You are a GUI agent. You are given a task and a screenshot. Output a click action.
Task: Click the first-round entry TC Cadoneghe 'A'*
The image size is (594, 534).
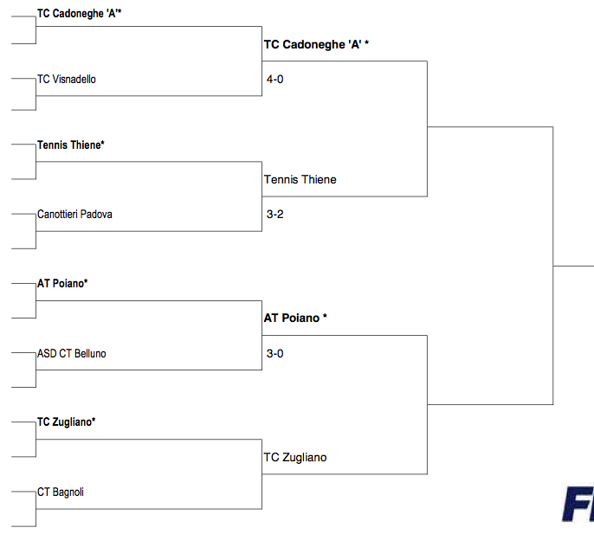[79, 14]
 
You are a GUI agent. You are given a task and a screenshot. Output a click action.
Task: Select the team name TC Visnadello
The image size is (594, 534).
[67, 79]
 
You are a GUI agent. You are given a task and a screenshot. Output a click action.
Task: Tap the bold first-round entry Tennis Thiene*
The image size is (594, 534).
[70, 145]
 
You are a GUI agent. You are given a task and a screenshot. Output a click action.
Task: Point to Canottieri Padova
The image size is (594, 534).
[74, 215]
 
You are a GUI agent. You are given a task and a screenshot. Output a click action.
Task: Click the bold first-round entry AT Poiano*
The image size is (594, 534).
[62, 284]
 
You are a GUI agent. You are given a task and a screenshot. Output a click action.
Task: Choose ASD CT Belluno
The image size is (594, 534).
[72, 353]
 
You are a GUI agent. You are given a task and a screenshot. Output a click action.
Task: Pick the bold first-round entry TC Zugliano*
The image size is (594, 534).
[67, 422]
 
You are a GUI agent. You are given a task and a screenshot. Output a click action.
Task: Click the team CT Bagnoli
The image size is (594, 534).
[61, 492]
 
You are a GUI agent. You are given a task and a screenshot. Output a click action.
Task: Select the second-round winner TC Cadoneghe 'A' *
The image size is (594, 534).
[316, 45]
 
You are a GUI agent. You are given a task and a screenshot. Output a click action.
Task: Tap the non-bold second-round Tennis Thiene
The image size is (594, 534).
[300, 179]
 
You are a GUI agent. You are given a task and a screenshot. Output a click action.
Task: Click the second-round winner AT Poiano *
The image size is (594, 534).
[295, 318]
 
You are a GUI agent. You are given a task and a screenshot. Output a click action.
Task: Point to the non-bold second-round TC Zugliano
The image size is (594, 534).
[295, 458]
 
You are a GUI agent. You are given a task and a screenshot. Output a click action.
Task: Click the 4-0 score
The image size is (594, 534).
[275, 79]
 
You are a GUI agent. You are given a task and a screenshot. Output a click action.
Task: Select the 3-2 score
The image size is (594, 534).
[275, 215]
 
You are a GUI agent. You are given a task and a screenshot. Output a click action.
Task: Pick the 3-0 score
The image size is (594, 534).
[275, 353]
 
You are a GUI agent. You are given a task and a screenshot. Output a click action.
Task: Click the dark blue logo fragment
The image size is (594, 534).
[578, 505]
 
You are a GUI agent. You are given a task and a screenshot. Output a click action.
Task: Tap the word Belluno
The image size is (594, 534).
[90, 353]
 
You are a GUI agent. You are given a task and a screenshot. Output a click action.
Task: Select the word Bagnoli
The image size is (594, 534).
[68, 492]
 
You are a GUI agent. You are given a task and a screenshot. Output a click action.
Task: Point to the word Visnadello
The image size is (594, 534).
[74, 79]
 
